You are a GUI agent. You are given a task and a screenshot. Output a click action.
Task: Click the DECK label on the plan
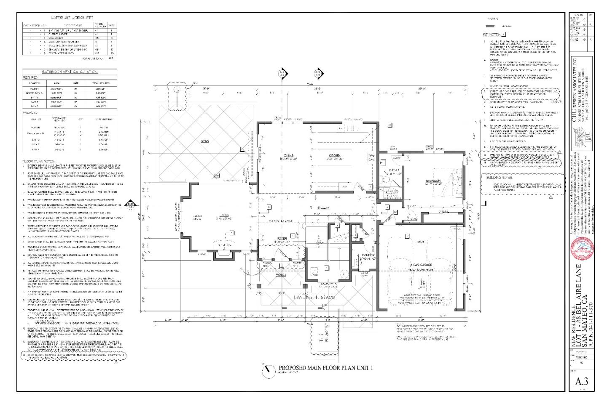click(x=205, y=141)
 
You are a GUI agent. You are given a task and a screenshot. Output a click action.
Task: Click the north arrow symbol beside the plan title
click(x=266, y=369)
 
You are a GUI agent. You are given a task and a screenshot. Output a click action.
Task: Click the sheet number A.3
click(x=581, y=382)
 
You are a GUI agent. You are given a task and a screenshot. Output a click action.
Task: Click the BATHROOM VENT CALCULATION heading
click(x=70, y=72)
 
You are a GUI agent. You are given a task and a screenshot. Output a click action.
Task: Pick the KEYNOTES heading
click(x=493, y=35)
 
